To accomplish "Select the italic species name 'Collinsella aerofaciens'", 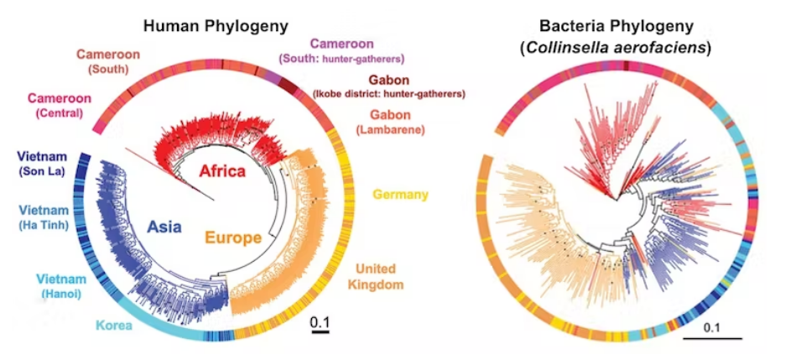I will click(619, 48).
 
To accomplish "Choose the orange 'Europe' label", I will click(232, 238).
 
